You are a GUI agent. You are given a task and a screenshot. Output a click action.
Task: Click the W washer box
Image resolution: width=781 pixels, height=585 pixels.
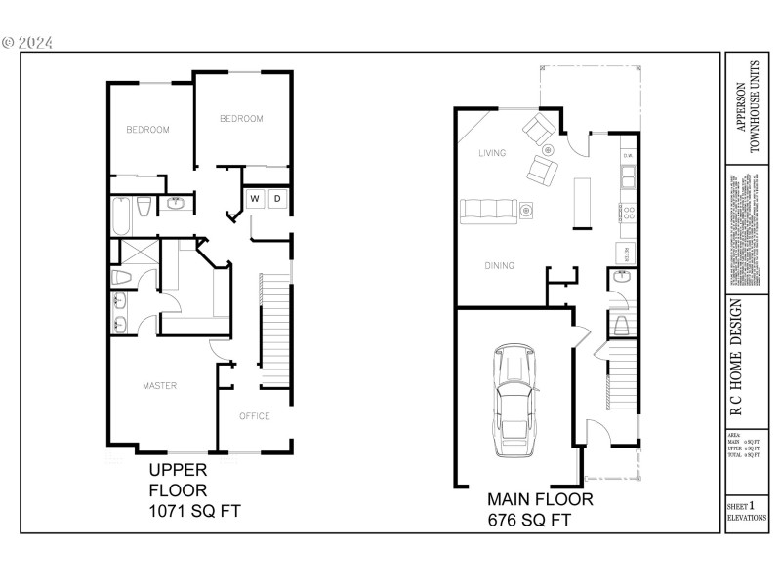pyautogui.click(x=254, y=200)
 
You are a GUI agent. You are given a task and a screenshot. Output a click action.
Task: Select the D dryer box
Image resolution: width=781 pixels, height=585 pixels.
pyautogui.click(x=277, y=200)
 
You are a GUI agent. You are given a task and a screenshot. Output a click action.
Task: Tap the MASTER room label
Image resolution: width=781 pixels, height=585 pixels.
pyautogui.click(x=159, y=386)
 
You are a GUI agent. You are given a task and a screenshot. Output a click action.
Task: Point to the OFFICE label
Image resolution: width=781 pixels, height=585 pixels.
pyautogui.click(x=255, y=416)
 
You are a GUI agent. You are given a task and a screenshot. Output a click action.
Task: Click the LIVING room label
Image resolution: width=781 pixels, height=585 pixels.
pyautogui.click(x=492, y=154)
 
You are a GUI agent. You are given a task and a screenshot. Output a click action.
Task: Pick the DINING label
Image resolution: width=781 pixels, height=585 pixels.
pyautogui.click(x=499, y=265)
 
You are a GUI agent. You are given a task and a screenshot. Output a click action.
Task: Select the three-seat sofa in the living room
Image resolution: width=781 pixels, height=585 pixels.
pyautogui.click(x=489, y=209)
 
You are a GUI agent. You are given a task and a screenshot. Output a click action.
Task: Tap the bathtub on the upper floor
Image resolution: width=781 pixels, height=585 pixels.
pyautogui.click(x=121, y=216)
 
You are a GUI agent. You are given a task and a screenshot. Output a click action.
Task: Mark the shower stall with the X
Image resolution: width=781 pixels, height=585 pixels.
pyautogui.click(x=130, y=253)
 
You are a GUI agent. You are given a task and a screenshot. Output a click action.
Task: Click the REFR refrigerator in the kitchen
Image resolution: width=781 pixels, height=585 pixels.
pyautogui.click(x=626, y=253)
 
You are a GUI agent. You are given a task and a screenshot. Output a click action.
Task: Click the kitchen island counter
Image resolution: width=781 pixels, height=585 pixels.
pyautogui.click(x=583, y=202)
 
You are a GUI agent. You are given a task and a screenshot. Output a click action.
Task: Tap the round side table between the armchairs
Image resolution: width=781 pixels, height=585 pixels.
pyautogui.click(x=548, y=150)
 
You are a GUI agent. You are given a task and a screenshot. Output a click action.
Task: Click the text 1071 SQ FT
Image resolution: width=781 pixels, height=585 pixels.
pyautogui.click(x=193, y=511)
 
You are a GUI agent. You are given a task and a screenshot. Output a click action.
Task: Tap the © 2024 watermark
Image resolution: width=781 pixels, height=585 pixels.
pyautogui.click(x=28, y=43)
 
